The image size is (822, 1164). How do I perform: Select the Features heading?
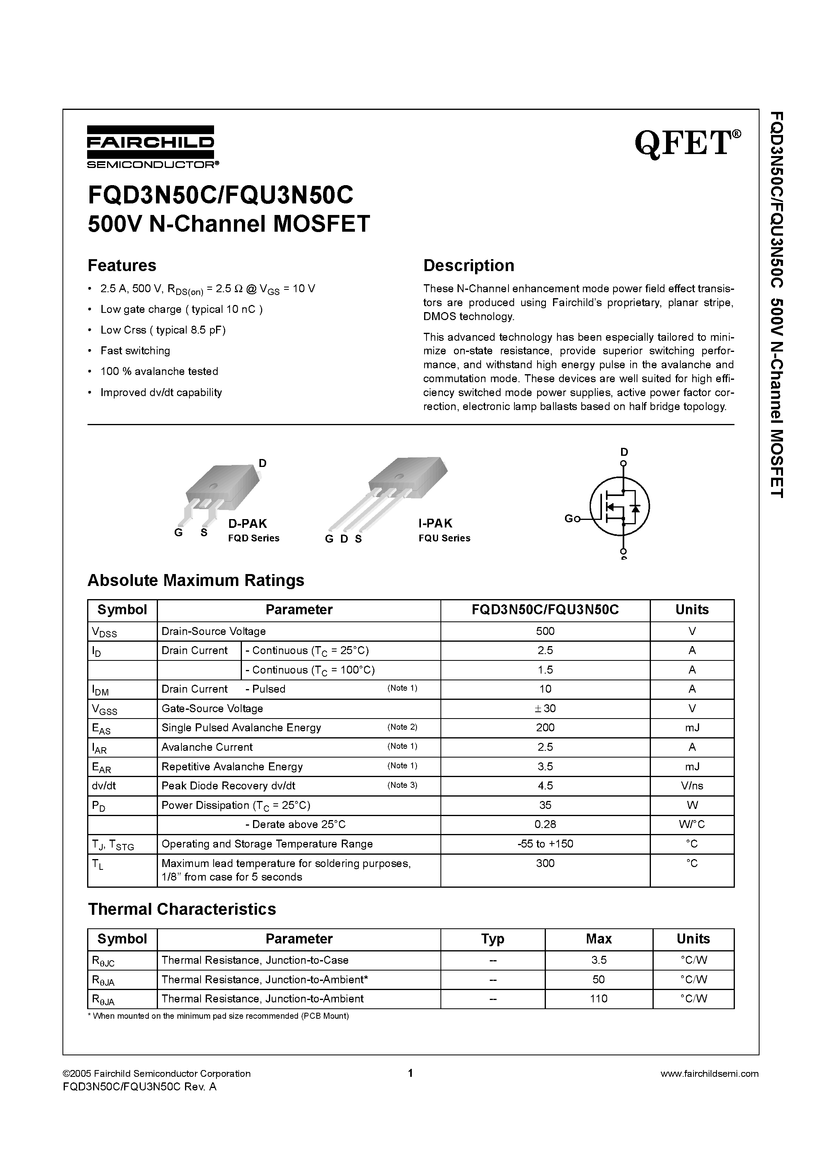[122, 266]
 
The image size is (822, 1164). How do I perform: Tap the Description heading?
[468, 266]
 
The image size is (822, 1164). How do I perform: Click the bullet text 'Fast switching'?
[135, 351]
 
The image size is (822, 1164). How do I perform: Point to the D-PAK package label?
[247, 523]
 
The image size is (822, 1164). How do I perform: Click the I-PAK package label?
[435, 523]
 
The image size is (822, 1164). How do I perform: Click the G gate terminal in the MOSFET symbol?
[569, 519]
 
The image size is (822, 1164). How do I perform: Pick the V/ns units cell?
[692, 786]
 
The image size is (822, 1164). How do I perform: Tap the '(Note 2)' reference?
[402, 727]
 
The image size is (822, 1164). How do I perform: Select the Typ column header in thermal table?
[492, 939]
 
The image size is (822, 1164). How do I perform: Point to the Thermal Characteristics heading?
[182, 909]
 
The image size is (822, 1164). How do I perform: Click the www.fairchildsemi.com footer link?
[709, 1073]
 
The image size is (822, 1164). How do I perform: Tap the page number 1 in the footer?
[411, 1073]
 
